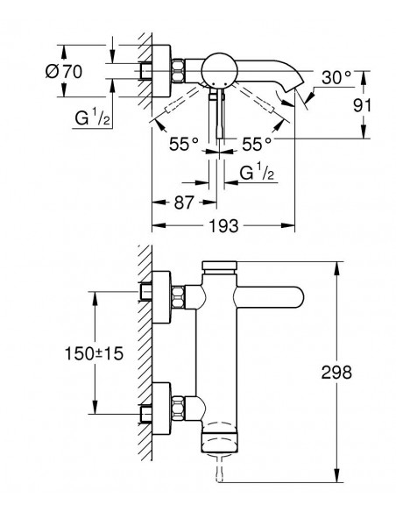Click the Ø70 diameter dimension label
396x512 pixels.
(x=64, y=72)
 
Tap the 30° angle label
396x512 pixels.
(x=336, y=78)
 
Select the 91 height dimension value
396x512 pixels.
(x=362, y=105)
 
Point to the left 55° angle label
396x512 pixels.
(x=184, y=144)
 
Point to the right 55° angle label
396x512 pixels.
(x=257, y=144)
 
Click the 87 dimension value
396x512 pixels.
(x=184, y=203)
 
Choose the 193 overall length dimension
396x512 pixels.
(x=223, y=225)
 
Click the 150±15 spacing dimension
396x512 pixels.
(x=95, y=353)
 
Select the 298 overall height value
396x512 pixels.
(x=336, y=373)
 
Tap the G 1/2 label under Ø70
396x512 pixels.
(x=92, y=117)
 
